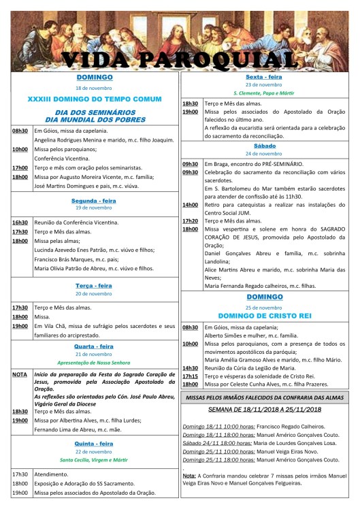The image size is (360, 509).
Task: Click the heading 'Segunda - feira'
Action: coord(95,182)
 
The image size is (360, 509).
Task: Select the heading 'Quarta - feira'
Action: coord(95,346)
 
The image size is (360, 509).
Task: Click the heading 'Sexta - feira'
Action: coord(267,78)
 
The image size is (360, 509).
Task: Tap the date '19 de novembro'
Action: coord(95,191)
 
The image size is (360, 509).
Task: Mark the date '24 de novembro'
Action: coord(267,153)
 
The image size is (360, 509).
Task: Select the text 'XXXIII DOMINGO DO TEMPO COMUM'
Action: coord(95,99)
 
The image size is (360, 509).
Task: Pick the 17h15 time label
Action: coord(190,376)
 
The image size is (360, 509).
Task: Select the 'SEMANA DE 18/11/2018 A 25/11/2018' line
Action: coord(267,410)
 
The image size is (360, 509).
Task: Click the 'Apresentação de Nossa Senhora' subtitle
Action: coord(95,363)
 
